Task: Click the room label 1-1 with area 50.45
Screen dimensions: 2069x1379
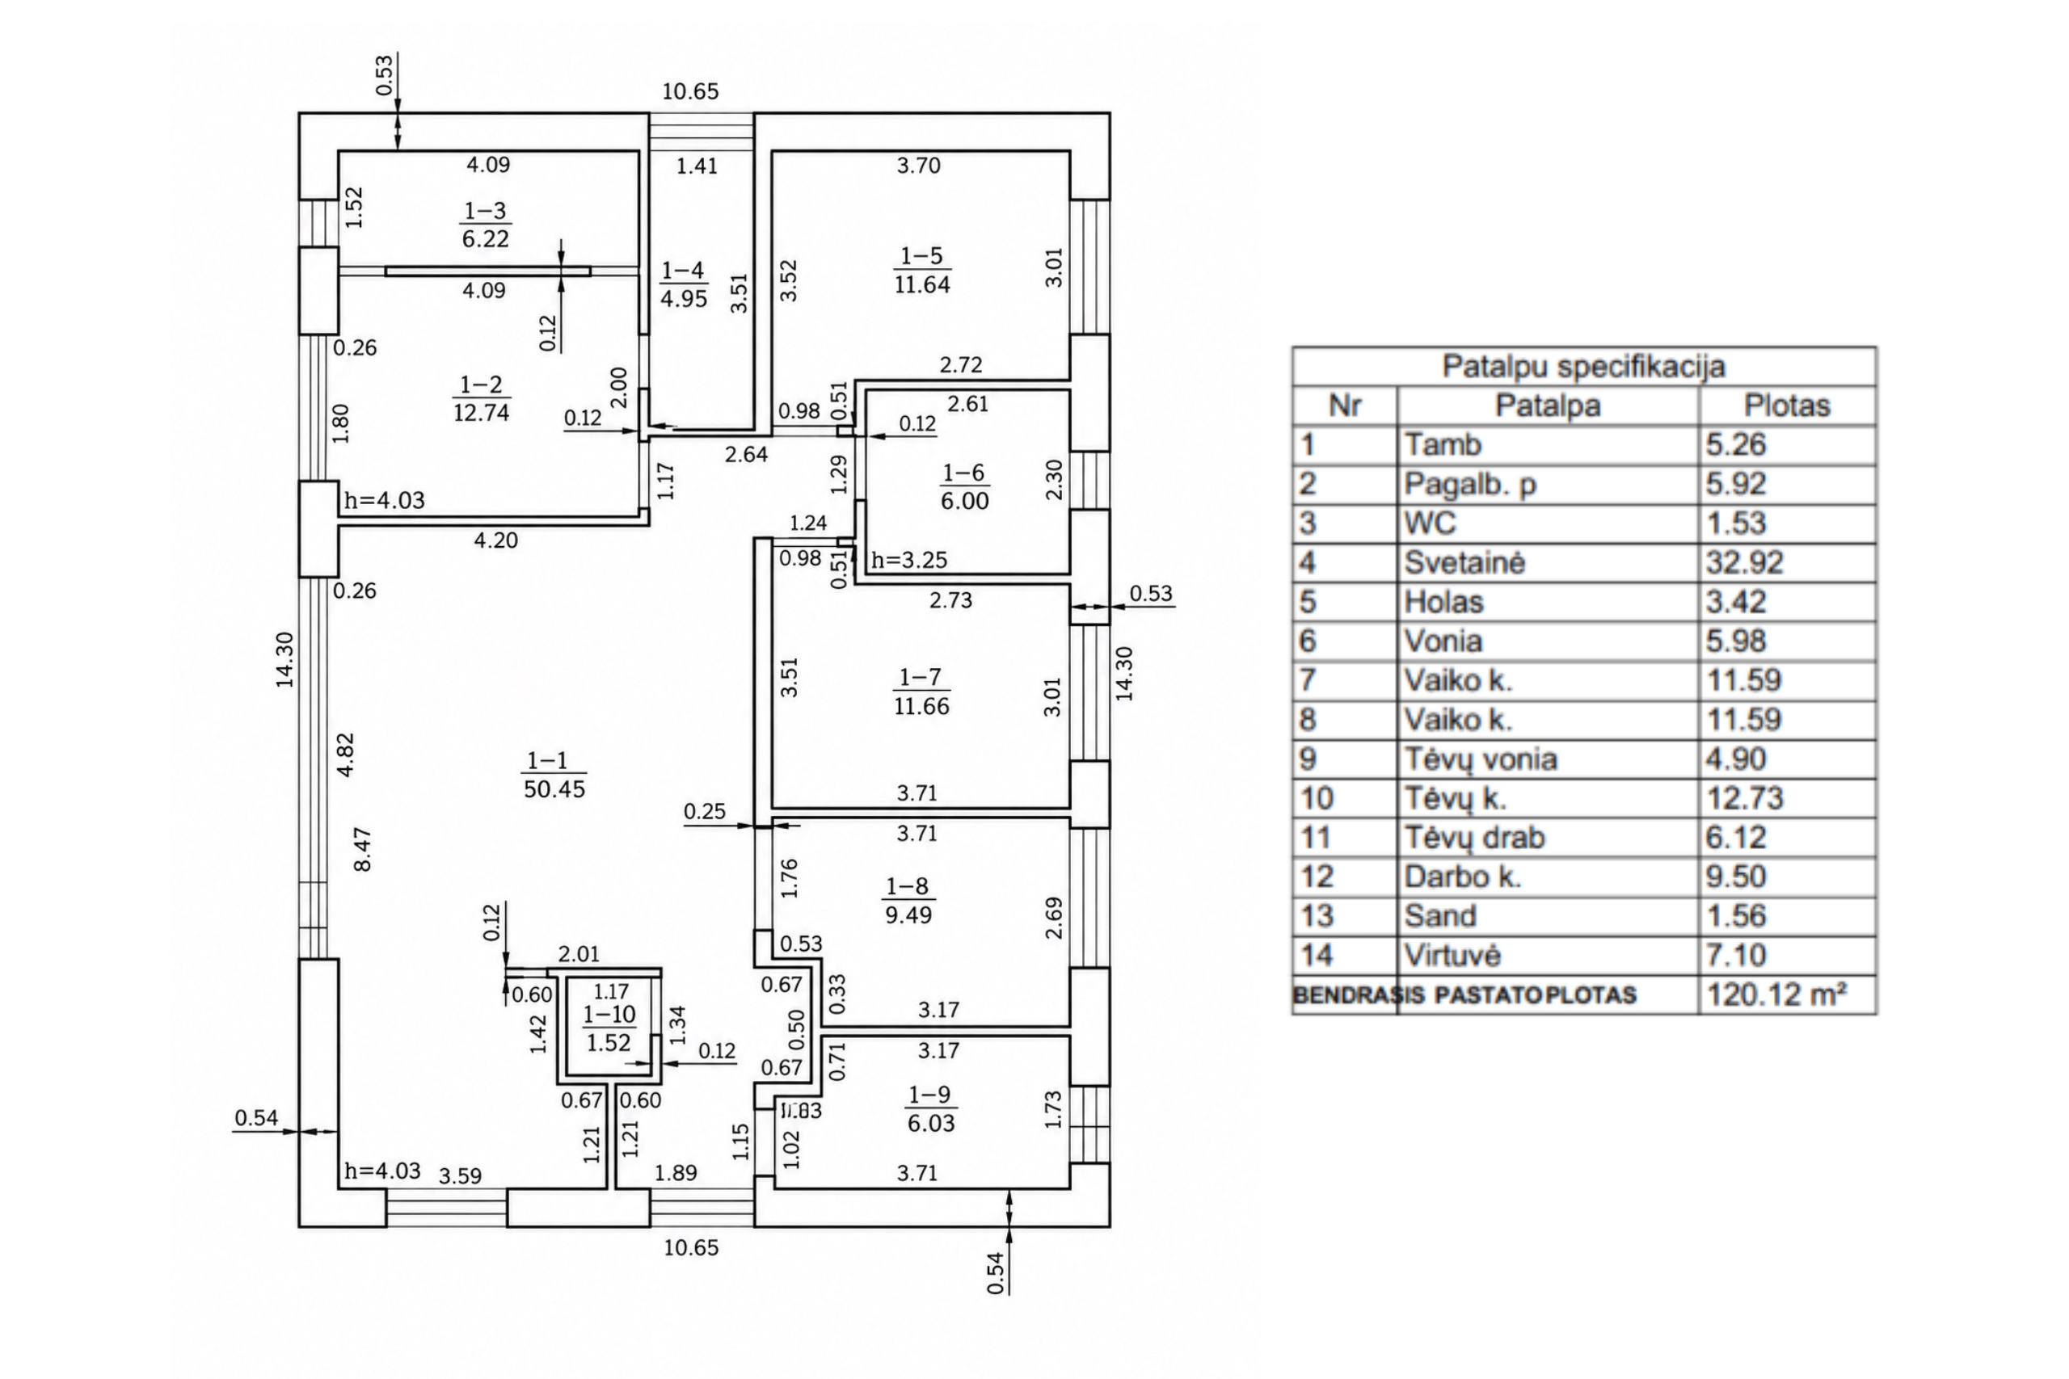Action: pyautogui.click(x=554, y=775)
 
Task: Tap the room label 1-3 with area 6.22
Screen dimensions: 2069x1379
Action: pyautogui.click(x=486, y=225)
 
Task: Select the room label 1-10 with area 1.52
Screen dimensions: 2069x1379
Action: pyautogui.click(x=609, y=1029)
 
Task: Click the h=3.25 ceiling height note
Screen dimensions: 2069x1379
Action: pyautogui.click(x=909, y=560)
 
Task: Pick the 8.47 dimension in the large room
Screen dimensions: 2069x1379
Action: pyautogui.click(x=361, y=849)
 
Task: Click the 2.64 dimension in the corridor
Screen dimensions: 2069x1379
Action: pyautogui.click(x=746, y=455)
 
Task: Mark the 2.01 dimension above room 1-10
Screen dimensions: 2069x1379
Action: pyautogui.click(x=579, y=954)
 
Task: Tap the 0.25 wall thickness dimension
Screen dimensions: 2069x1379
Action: pyautogui.click(x=705, y=811)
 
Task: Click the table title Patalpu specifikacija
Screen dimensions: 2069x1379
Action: pyautogui.click(x=1583, y=367)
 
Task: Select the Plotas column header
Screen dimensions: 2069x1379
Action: pyautogui.click(x=1787, y=406)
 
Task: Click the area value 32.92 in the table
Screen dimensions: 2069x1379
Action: pyautogui.click(x=1744, y=563)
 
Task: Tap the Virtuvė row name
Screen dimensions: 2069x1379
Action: pyautogui.click(x=1452, y=955)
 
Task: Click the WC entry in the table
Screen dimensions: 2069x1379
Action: pyautogui.click(x=1431, y=523)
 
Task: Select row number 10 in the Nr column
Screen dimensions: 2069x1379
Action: pyautogui.click(x=1317, y=798)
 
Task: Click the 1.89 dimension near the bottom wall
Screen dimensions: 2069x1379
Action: pyautogui.click(x=676, y=1172)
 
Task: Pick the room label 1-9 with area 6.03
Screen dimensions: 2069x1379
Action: pyautogui.click(x=931, y=1108)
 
